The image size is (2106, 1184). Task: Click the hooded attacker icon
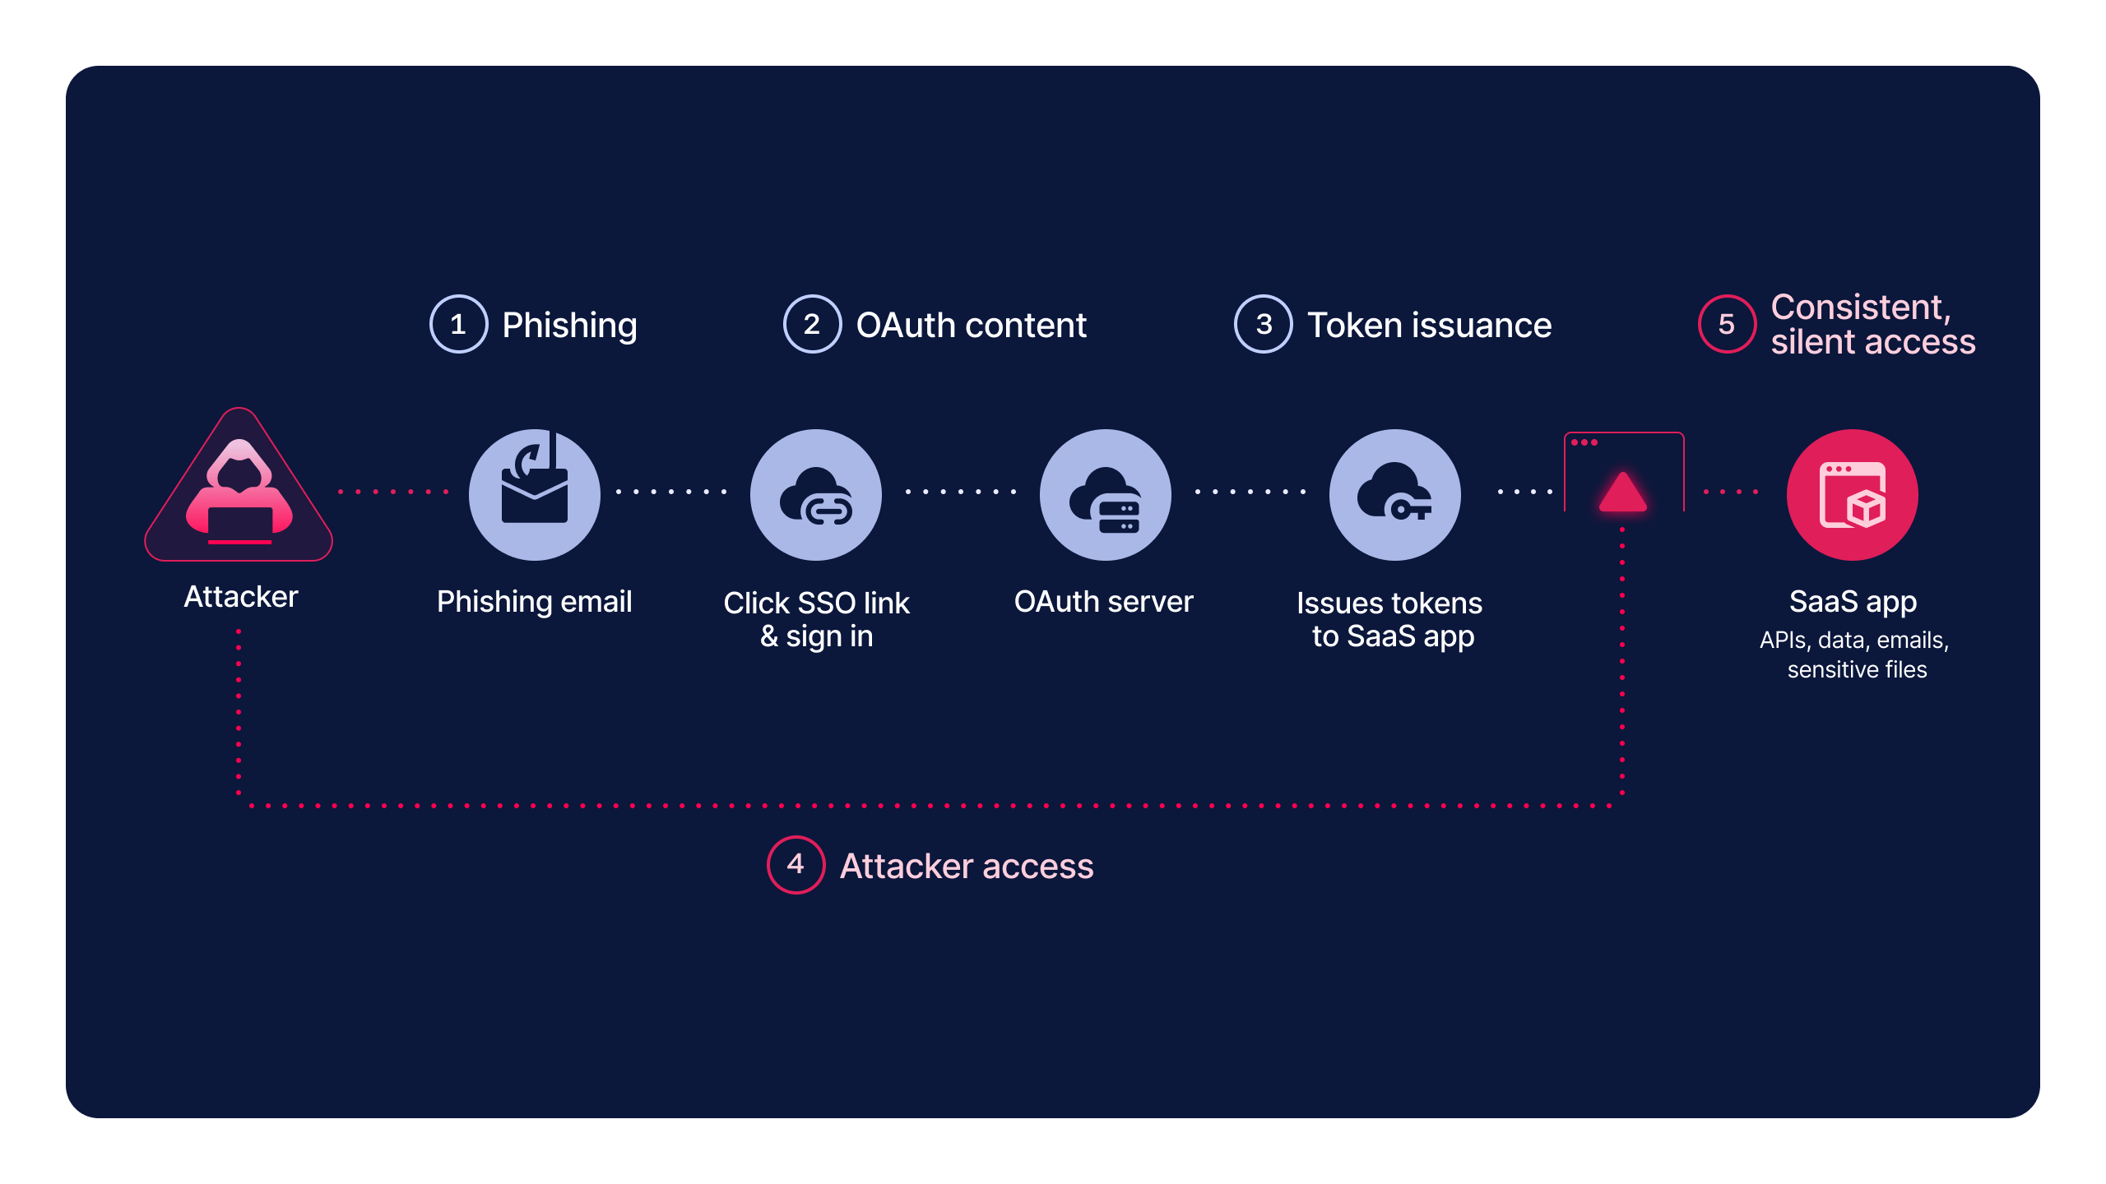pos(239,493)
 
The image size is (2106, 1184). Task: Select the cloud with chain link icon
pos(816,495)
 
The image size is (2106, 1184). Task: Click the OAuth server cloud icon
pos(1106,495)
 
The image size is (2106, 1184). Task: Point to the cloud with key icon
pos(1395,495)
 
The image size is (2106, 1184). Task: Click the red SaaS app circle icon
pos(1853,495)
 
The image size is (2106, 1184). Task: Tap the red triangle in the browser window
pos(1622,492)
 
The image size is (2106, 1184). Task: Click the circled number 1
pos(458,324)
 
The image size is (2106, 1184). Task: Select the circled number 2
pos(812,324)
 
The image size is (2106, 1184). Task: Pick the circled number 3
pos(1264,324)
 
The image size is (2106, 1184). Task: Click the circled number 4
pos(796,864)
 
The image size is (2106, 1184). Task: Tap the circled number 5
pos(1727,324)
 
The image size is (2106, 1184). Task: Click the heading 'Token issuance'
pos(1429,326)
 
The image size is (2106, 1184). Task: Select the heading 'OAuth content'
pos(971,326)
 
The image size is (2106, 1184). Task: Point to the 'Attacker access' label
pos(967,866)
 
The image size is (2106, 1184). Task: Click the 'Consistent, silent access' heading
pos(1872,324)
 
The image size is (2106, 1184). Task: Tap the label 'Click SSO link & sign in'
pos(816,619)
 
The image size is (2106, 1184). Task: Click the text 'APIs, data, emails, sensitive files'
pos(1855,654)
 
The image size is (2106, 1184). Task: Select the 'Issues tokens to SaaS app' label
pos(1390,619)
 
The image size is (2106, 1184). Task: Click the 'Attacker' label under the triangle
pos(240,597)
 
